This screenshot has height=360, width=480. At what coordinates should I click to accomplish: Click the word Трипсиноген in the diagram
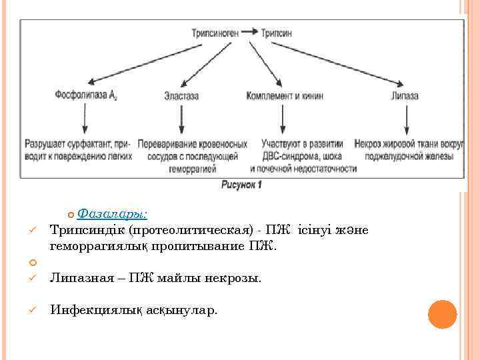215,32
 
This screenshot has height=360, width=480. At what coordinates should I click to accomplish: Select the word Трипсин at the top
277,32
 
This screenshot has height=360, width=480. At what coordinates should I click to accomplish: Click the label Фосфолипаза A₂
86,95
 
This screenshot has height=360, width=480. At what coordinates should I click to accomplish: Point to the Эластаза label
181,96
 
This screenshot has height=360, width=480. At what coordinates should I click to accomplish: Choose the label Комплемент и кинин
285,96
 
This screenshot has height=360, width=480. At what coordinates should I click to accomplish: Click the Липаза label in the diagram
405,96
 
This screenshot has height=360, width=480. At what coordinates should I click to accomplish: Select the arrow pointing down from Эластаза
181,119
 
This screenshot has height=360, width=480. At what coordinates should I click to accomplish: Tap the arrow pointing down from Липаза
405,119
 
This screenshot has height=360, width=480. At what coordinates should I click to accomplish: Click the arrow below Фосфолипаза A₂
84,119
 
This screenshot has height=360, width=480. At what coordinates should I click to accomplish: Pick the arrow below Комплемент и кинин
285,119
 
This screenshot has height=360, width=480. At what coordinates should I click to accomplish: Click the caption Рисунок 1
241,185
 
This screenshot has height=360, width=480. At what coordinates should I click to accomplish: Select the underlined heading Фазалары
113,214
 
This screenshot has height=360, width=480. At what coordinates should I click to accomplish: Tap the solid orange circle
441,314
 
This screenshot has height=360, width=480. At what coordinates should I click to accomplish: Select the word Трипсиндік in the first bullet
87,230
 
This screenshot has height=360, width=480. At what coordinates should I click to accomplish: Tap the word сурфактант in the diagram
88,143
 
